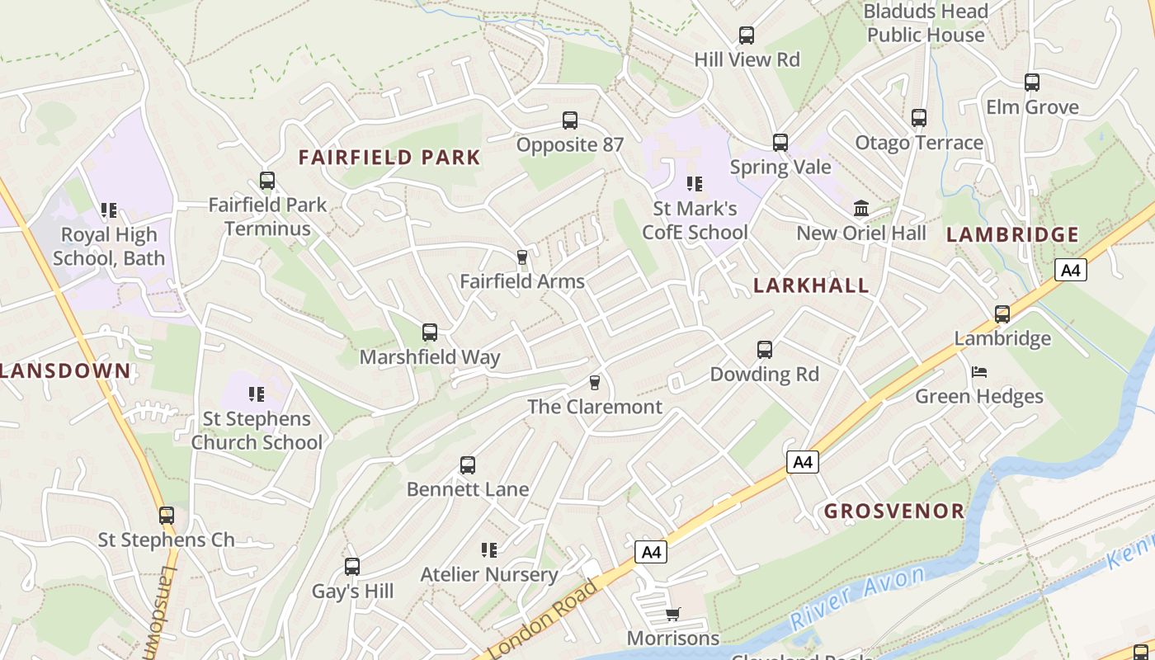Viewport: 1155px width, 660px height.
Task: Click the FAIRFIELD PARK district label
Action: (389, 158)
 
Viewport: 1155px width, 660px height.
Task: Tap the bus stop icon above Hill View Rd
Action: (747, 35)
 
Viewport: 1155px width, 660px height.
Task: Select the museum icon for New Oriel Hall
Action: (861, 208)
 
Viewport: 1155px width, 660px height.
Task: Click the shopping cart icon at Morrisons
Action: (673, 614)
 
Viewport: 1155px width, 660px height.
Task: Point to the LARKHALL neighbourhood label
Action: (811, 285)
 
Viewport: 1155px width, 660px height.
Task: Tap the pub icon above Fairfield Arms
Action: (521, 257)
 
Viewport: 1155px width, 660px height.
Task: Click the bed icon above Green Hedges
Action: (979, 372)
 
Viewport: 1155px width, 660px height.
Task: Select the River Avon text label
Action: (857, 598)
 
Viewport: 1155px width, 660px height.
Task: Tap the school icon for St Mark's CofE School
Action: (695, 183)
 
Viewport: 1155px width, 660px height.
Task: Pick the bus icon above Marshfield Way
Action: (430, 332)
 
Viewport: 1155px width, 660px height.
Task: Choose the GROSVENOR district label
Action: (894, 511)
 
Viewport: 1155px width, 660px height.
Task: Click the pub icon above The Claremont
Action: (594, 383)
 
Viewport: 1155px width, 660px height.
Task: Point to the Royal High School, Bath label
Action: (109, 247)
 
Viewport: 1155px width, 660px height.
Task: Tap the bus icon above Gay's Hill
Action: (352, 567)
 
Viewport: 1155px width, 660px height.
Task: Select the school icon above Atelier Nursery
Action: (489, 549)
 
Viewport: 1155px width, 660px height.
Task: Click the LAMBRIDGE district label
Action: (1012, 235)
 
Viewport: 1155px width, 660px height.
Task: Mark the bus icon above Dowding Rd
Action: (765, 350)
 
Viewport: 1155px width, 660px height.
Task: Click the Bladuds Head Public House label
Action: (926, 23)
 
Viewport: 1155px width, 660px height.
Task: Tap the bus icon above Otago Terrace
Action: (919, 118)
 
